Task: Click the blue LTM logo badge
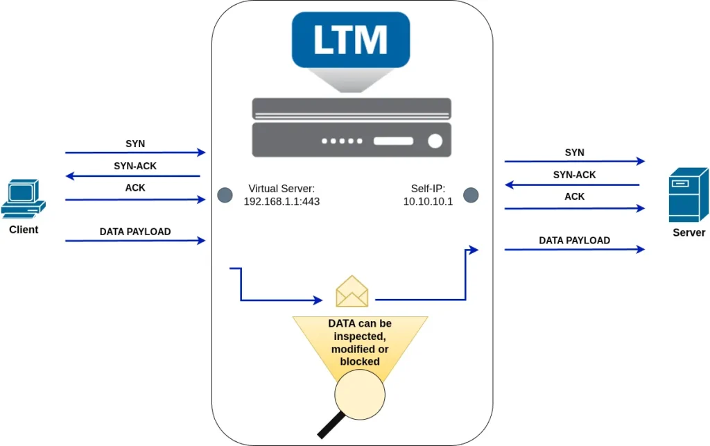(350, 40)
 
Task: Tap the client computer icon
(24, 199)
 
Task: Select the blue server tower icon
(688, 195)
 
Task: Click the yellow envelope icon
(352, 291)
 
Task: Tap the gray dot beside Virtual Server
(224, 195)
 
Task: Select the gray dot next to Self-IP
(471, 195)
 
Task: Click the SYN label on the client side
(135, 144)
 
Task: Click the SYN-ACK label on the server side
(574, 175)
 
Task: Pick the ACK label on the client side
(135, 187)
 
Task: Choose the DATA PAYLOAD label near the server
(574, 240)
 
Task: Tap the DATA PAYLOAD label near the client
(135, 232)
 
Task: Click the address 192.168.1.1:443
(282, 201)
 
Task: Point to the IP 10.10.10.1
(428, 201)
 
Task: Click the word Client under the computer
(24, 230)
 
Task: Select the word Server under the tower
(689, 232)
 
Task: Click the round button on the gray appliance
(435, 141)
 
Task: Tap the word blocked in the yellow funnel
(360, 361)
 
